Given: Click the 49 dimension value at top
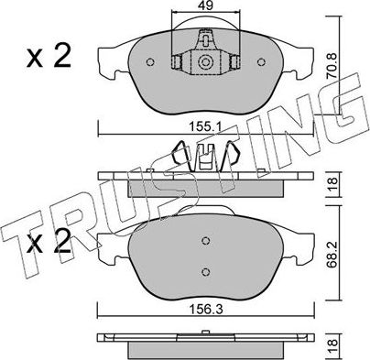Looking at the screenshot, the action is tap(205, 5).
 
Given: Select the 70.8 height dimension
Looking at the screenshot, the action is tap(332, 66).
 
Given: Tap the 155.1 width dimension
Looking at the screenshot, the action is tap(206, 126).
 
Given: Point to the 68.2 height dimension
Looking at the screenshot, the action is tap(332, 252).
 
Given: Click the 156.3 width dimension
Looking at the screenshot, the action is tap(206, 310).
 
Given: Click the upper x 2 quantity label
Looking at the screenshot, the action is tap(49, 56).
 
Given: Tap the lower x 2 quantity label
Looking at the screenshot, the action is tap(49, 242).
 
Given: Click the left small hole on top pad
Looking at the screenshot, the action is tap(150, 62).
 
